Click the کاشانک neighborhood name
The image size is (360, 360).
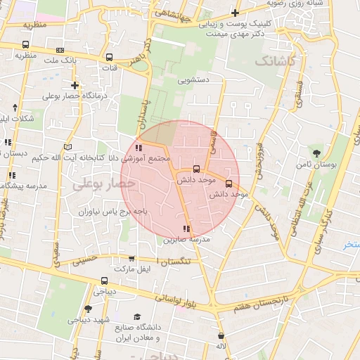pyautogui.click(x=276, y=62)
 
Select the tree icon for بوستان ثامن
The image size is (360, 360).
pyautogui.click(x=317, y=153)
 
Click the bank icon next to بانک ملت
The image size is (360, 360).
pyautogui.click(x=60, y=50)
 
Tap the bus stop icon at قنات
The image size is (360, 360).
pyautogui.click(x=109, y=58)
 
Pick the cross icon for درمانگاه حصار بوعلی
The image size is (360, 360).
pyautogui.click(x=75, y=85)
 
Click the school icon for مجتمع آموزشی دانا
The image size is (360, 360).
pyautogui.click(x=139, y=148)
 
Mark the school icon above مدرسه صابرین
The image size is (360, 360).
pyautogui.click(x=186, y=229)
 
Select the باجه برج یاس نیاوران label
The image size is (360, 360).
pyautogui.click(x=112, y=210)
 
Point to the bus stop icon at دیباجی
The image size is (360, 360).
pyautogui.click(x=104, y=281)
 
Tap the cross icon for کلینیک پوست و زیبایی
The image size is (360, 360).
pyautogui.click(x=234, y=13)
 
